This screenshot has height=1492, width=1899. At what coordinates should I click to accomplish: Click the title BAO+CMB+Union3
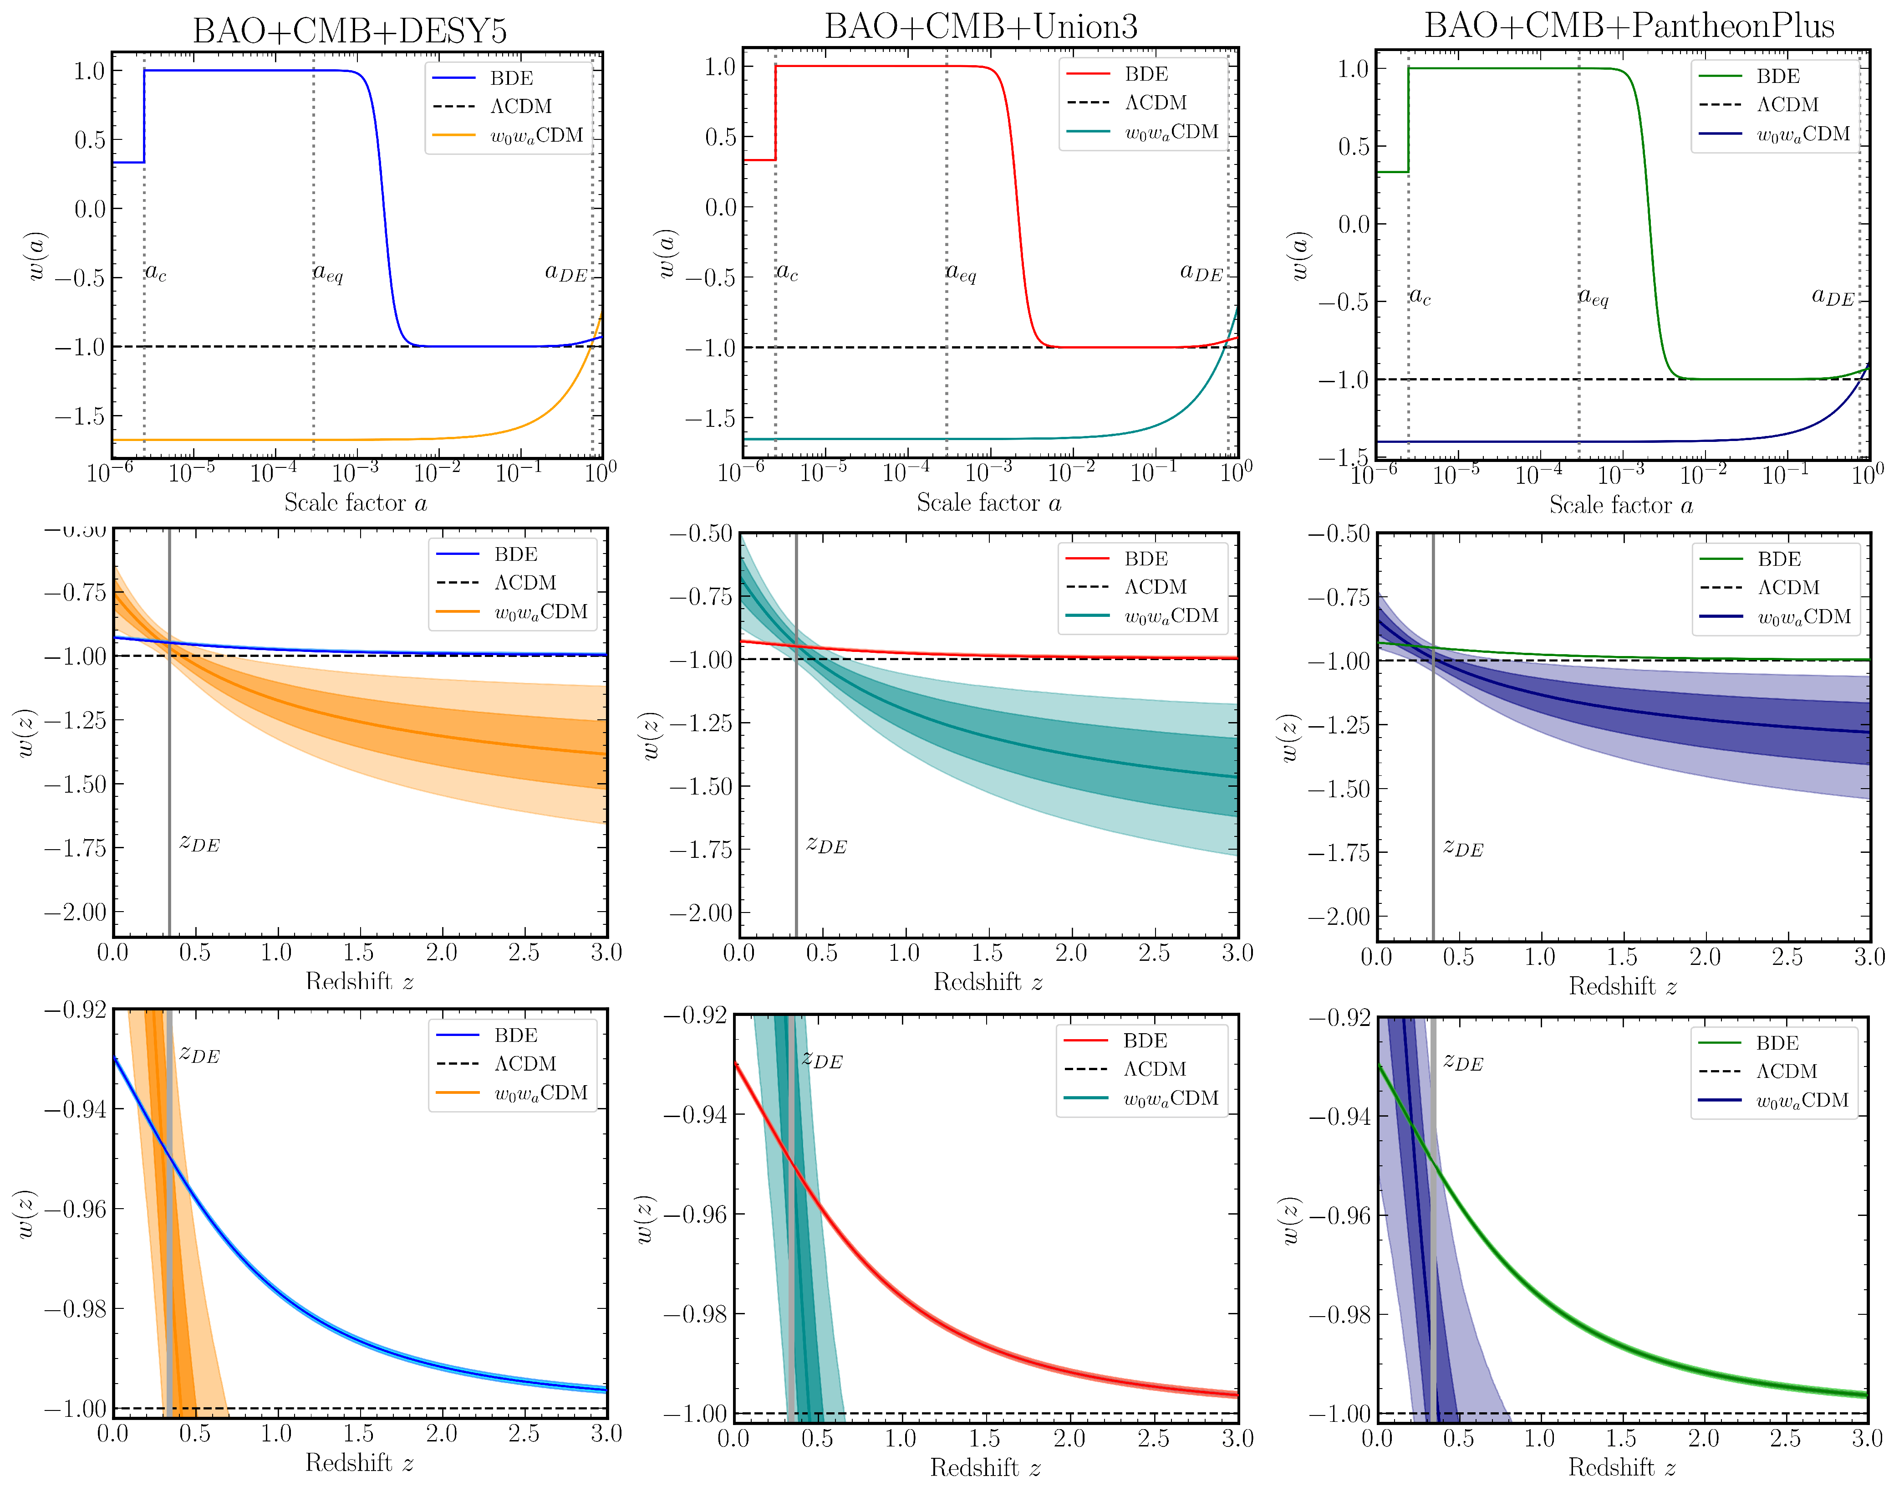(981, 27)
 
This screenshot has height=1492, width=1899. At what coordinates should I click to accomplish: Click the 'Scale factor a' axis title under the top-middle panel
(988, 503)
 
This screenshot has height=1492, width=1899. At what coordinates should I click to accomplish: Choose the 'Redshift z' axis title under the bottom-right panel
(1622, 1467)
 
